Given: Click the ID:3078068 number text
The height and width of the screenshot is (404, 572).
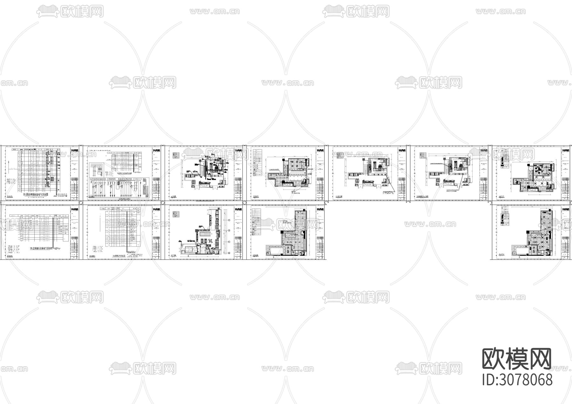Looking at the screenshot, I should coord(517,380).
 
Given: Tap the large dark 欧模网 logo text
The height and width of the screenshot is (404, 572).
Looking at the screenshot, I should coord(517,359).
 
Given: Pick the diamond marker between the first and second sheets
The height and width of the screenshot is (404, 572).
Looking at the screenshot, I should coord(81,202).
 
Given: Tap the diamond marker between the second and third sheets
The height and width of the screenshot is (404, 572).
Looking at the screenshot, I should coord(163,202).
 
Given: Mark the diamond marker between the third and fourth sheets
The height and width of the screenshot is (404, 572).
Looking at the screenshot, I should coord(244,202).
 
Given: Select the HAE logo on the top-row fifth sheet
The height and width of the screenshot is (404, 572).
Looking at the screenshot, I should coord(402,151).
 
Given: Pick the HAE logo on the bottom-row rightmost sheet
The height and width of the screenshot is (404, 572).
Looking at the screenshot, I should coord(566,210).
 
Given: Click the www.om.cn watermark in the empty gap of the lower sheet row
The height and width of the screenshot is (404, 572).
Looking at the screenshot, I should coord(430,224).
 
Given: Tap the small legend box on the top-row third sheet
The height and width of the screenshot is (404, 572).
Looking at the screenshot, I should coord(176,155).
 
